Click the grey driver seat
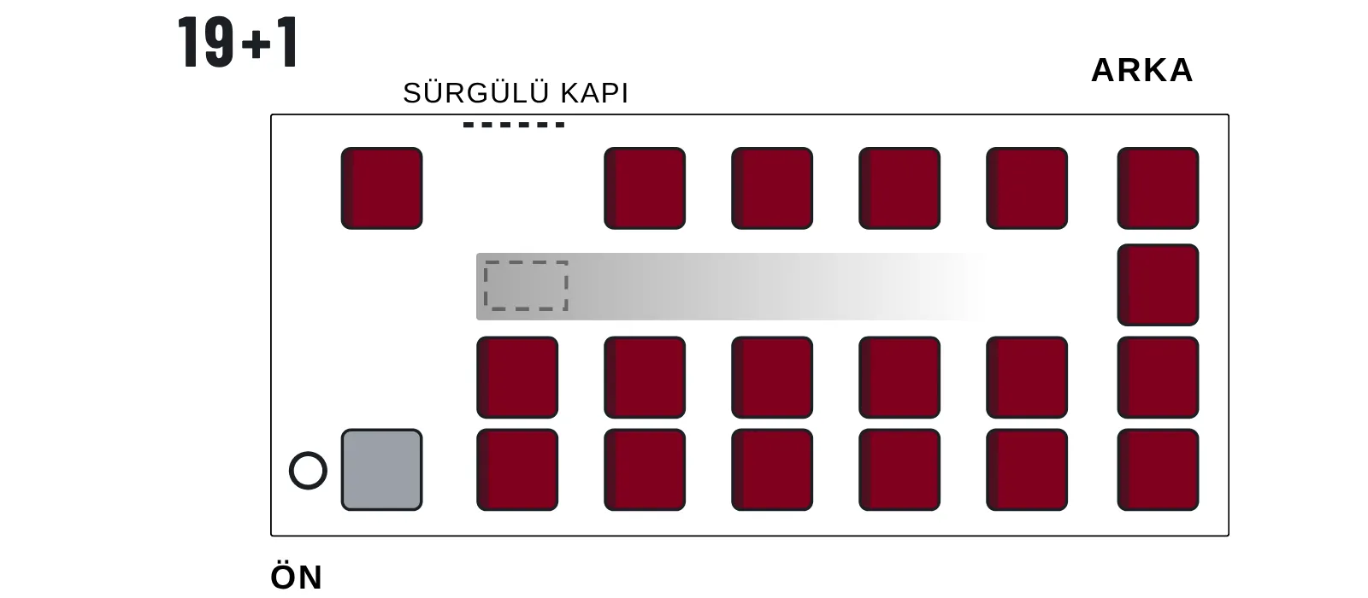[381, 469]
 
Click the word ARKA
[1141, 70]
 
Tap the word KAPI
[594, 93]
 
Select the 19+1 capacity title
[238, 42]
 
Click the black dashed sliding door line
[514, 125]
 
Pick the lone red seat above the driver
[381, 188]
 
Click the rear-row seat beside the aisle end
[1158, 285]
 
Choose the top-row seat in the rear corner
[1158, 188]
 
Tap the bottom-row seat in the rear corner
[1158, 469]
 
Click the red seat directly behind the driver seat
[517, 469]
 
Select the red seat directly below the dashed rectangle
[517, 377]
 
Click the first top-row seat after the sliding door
[645, 188]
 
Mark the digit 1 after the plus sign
[286, 42]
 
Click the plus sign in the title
[256, 45]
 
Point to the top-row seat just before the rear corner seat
[1027, 188]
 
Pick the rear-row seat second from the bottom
[1158, 377]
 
